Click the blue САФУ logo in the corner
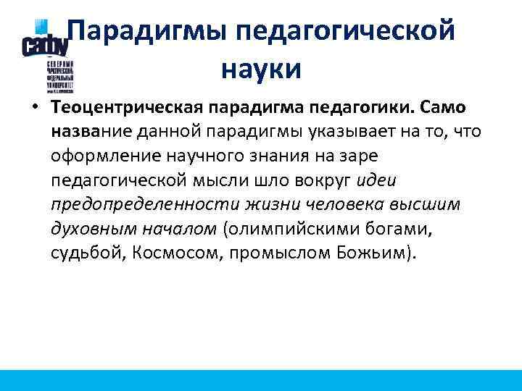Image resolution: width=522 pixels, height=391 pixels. point(45,43)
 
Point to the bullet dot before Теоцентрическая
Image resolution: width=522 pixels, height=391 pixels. point(34,108)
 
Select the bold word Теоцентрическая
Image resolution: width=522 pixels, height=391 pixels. point(127,108)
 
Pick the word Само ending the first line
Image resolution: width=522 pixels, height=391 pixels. point(444,108)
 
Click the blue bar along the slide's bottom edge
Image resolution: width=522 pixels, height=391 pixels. point(261,381)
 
